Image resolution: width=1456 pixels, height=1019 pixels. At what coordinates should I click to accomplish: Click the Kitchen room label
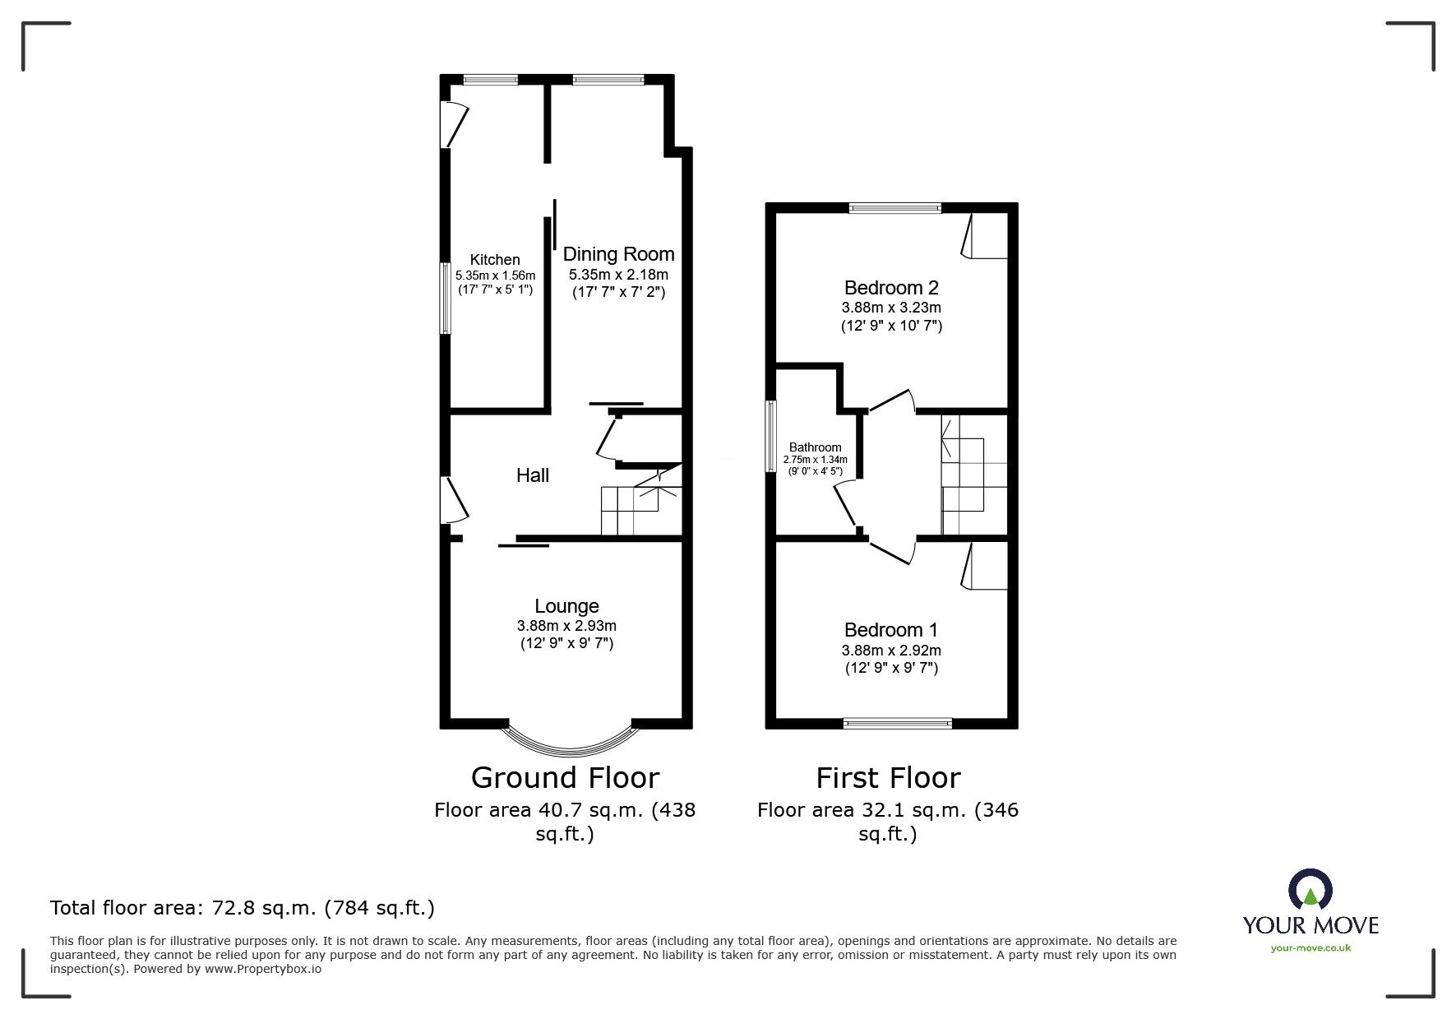pos(495,260)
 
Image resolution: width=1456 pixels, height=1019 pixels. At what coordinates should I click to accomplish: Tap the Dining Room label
pos(618,254)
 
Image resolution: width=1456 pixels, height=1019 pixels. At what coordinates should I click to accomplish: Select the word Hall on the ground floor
pos(533,475)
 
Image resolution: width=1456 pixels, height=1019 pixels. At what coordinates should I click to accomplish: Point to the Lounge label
pos(566,607)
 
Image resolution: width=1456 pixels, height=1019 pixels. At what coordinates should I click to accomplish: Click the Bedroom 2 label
pos(891,288)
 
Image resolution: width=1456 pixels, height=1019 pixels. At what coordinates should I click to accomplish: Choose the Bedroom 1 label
pos(891,630)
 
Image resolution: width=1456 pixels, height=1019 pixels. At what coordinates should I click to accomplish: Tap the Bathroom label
pos(815,447)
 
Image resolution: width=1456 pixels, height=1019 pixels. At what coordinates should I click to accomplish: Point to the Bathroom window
pos(771,436)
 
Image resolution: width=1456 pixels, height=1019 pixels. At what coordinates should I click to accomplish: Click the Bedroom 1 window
pos(898,724)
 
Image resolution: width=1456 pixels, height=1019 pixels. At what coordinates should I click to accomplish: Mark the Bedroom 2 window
pos(895,208)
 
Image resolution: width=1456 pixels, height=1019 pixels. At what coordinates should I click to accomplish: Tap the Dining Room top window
pos(608,80)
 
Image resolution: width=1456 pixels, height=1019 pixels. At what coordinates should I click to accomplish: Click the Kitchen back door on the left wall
pos(455,124)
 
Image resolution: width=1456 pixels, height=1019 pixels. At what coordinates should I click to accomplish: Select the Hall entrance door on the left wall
pos(455,500)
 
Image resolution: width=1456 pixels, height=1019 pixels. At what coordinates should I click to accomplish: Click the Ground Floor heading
pos(565,778)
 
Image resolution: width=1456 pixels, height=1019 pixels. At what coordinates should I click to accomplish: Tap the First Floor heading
pos(888,778)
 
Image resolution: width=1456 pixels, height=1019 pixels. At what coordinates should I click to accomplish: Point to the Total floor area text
pos(243,908)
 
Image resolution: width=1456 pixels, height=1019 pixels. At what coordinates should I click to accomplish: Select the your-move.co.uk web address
pos(1310,948)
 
